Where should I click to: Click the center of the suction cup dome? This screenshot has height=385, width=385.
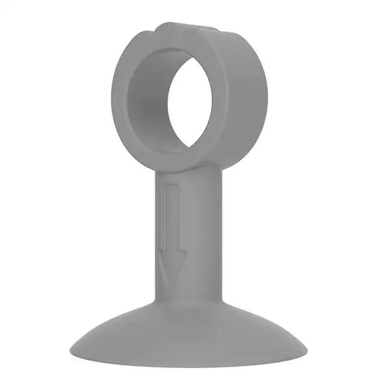pos(192,328)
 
